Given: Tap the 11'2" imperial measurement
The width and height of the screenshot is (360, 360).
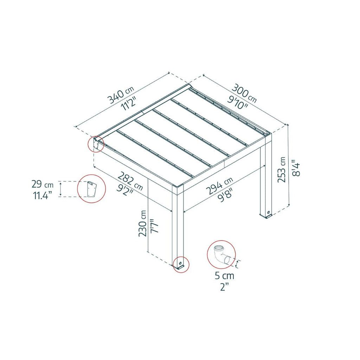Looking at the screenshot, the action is coord(129,103).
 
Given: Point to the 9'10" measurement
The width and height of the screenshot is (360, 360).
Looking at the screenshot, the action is coord(237,102).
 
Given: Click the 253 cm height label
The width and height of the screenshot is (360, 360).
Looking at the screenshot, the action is coord(282,170).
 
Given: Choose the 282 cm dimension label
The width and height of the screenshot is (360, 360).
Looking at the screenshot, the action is coord(130,181).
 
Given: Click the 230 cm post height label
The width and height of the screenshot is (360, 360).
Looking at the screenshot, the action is coord(143,223).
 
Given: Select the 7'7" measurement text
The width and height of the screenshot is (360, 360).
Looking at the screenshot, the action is coord(154,226).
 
